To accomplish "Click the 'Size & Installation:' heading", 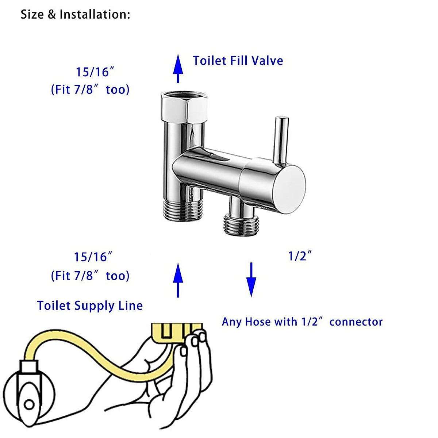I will click(75, 15).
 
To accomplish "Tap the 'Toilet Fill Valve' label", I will click(238, 61).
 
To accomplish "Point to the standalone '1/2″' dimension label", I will click(300, 256).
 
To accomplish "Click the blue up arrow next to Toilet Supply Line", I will click(178, 280).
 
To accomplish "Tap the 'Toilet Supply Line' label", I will click(90, 306).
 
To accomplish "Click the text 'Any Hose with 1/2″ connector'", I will click(302, 322).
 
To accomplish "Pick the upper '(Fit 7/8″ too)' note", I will click(90, 90).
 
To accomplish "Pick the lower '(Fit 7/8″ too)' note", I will click(90, 276).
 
